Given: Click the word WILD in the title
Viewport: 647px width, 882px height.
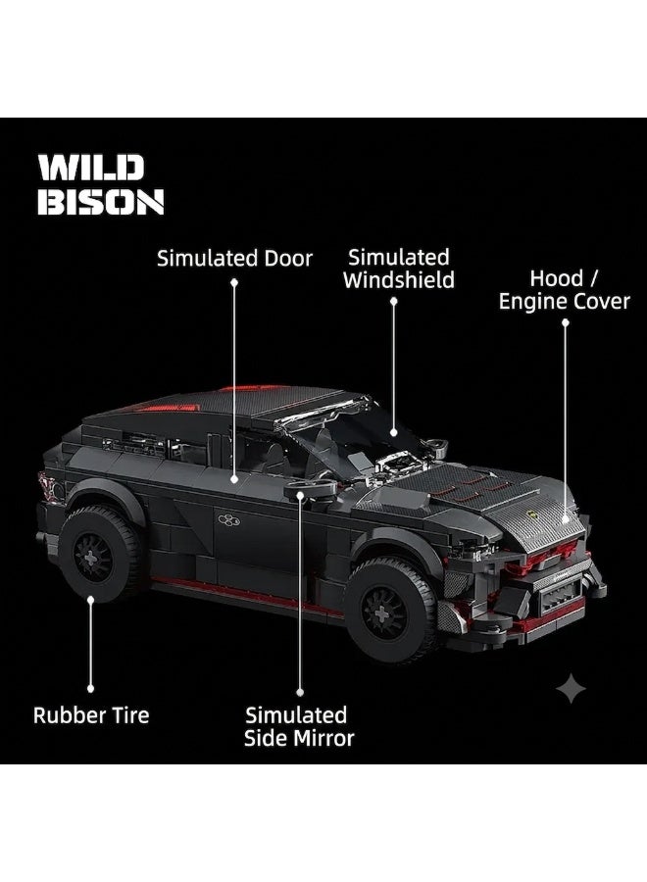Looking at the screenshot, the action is click(x=91, y=169).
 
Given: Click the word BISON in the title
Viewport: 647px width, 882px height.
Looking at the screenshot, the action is click(x=101, y=201).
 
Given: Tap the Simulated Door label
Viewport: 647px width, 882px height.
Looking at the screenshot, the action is click(x=234, y=258).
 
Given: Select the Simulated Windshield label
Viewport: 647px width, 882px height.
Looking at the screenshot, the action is click(x=398, y=269).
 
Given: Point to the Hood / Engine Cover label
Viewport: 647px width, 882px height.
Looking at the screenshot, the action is click(x=565, y=290).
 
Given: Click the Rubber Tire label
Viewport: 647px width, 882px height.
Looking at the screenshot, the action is click(x=91, y=715).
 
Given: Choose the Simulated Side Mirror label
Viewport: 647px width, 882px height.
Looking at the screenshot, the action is click(x=299, y=726).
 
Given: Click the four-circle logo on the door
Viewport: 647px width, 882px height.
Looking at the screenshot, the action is click(x=228, y=520).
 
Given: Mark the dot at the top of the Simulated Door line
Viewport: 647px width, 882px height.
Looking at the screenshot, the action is click(x=234, y=282).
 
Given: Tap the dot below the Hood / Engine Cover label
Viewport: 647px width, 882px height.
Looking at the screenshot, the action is click(x=566, y=322).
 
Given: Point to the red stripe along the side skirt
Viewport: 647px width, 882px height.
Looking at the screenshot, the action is click(x=248, y=596).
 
